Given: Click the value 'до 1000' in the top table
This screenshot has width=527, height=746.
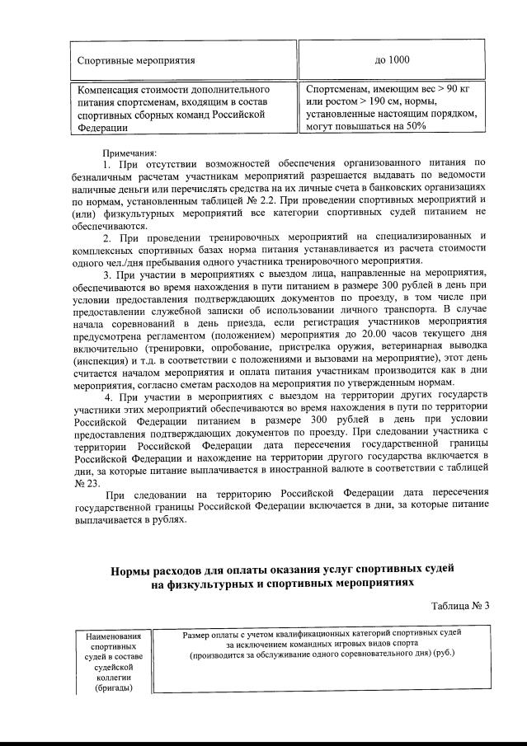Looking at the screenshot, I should click(x=392, y=60).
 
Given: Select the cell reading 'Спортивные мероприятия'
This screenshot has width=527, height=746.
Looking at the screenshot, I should click(x=136, y=60).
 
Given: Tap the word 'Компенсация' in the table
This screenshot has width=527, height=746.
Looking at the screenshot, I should click(x=106, y=89).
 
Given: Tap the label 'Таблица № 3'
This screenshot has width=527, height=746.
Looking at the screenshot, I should click(x=460, y=606).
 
